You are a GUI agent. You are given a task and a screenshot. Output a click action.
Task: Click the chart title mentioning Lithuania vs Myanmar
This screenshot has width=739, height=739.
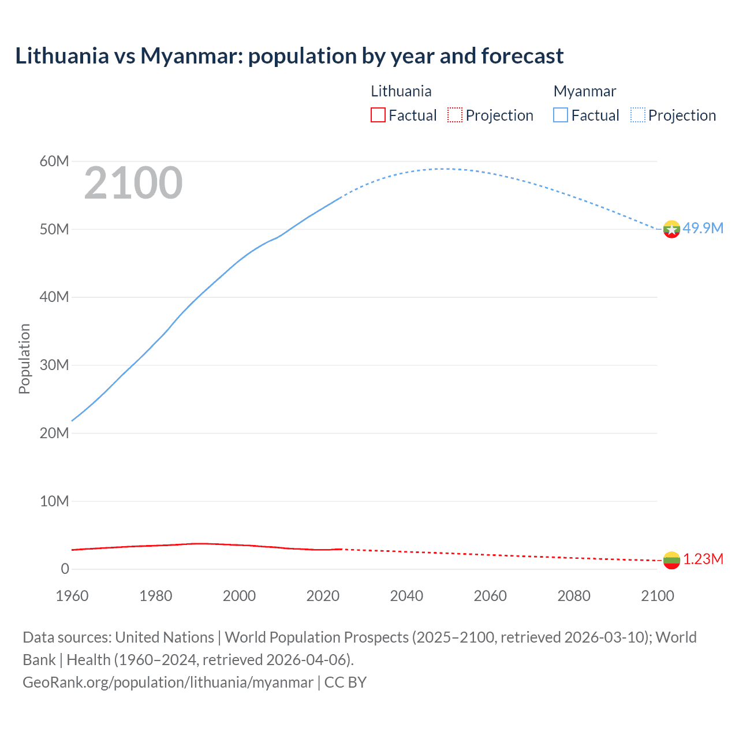pyautogui.click(x=289, y=56)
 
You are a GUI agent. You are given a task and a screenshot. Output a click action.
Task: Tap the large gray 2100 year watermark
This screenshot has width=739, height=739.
pyautogui.click(x=133, y=184)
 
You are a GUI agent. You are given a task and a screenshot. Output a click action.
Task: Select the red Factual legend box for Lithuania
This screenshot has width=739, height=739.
pyautogui.click(x=378, y=115)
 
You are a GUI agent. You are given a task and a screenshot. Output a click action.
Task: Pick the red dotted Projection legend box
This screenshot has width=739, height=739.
pyautogui.click(x=455, y=115)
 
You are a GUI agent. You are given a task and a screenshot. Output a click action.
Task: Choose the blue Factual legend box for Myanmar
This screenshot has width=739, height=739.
pyautogui.click(x=561, y=115)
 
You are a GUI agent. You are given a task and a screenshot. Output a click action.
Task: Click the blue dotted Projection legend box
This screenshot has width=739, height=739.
pyautogui.click(x=638, y=115)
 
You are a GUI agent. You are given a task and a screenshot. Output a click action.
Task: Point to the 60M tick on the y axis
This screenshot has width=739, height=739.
pyautogui.click(x=54, y=161)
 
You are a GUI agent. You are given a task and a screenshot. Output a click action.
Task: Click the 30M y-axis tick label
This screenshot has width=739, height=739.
pyautogui.click(x=54, y=365)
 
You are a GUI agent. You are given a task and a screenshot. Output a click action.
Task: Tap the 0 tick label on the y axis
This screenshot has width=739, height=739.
pyautogui.click(x=65, y=569)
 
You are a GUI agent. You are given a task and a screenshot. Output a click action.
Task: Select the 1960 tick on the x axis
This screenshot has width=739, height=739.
pyautogui.click(x=72, y=596)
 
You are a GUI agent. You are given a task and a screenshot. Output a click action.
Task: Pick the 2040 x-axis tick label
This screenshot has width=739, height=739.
pyautogui.click(x=406, y=596)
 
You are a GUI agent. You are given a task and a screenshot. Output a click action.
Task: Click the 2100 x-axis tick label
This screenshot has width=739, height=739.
pyautogui.click(x=658, y=596)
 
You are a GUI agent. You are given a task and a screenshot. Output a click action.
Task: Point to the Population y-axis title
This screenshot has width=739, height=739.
pyautogui.click(x=24, y=359)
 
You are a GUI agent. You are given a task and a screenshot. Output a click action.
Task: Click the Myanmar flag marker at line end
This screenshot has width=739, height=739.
pyautogui.click(x=671, y=229)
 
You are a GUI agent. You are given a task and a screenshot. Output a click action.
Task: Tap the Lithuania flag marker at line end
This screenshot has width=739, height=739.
pyautogui.click(x=671, y=560)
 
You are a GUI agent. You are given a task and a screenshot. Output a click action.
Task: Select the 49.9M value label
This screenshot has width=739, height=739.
pyautogui.click(x=703, y=228)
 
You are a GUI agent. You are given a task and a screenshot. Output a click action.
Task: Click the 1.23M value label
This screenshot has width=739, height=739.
pyautogui.click(x=703, y=559)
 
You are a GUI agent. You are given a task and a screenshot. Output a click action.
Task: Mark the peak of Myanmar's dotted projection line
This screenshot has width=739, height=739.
pyautogui.click(x=441, y=169)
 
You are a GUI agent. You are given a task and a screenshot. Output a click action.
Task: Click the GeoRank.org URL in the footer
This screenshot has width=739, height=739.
pyautogui.click(x=168, y=682)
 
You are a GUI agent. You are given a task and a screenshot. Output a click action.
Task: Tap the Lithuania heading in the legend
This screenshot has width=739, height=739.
pyautogui.click(x=401, y=91)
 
